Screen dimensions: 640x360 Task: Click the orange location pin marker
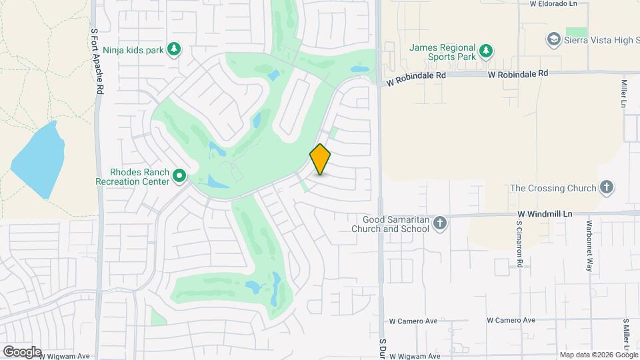click(x=320, y=159)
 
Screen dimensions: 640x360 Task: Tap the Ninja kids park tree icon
click(x=174, y=49)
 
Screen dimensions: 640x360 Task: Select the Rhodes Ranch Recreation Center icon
click(x=179, y=176)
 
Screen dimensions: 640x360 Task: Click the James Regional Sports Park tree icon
click(x=487, y=50)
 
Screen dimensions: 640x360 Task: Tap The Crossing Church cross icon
click(x=606, y=187)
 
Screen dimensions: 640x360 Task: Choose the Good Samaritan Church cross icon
click(x=439, y=223)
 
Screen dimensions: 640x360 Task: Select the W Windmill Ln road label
click(x=545, y=213)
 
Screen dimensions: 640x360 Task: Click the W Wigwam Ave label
click(x=64, y=356)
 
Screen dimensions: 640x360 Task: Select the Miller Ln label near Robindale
click(x=625, y=94)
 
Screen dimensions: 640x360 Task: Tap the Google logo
click(x=22, y=352)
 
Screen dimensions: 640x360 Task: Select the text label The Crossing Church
click(x=553, y=188)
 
